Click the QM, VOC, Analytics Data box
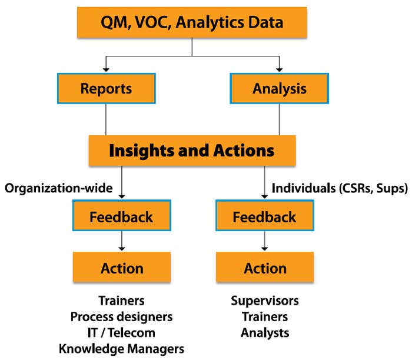(x=192, y=22)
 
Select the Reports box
(x=107, y=88)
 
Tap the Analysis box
(x=280, y=88)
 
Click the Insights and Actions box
(x=192, y=151)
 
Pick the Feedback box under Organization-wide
(x=122, y=215)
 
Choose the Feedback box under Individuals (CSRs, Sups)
(x=265, y=215)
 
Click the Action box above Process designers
(x=122, y=267)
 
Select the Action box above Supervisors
(x=265, y=267)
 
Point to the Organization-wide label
(x=59, y=188)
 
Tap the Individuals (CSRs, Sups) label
(x=340, y=188)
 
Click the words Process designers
(x=121, y=317)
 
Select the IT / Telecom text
(x=121, y=333)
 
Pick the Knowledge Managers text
(x=121, y=349)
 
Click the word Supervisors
(x=265, y=301)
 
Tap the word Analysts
(x=265, y=333)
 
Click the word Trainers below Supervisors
(x=265, y=316)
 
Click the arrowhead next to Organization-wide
(x=122, y=196)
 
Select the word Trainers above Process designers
(x=121, y=301)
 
